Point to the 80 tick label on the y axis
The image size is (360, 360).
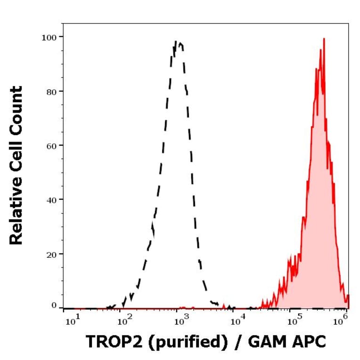(51, 91)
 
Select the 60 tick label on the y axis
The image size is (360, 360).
(51, 145)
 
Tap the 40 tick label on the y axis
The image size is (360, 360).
(51, 199)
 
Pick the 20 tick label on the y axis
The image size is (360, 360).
(51, 254)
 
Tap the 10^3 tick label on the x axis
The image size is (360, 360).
(181, 321)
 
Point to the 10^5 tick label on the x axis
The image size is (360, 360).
(294, 321)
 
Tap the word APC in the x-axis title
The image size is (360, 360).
(309, 343)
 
